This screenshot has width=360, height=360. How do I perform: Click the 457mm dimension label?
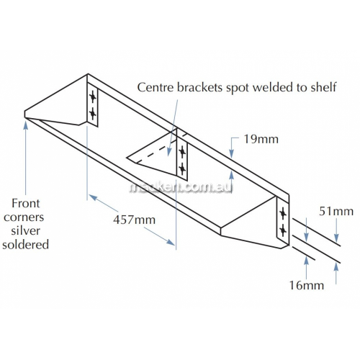click(134, 220)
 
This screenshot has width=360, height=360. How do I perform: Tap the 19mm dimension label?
click(261, 139)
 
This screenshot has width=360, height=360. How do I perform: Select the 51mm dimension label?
click(336, 212)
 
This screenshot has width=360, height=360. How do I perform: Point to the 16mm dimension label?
click(307, 285)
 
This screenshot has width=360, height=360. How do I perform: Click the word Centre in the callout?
click(156, 87)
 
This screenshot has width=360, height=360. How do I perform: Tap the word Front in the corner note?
click(26, 203)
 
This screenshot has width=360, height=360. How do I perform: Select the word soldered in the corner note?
click(25, 245)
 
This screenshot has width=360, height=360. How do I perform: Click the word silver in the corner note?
click(25, 230)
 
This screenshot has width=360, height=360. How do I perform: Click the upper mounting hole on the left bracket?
click(93, 97)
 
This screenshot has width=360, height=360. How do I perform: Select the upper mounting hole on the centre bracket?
click(182, 152)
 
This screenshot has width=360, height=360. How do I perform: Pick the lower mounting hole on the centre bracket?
click(182, 168)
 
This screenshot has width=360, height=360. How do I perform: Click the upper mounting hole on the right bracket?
click(283, 214)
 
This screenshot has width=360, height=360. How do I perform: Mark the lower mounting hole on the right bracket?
click(283, 230)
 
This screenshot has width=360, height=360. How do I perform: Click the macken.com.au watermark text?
click(181, 188)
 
